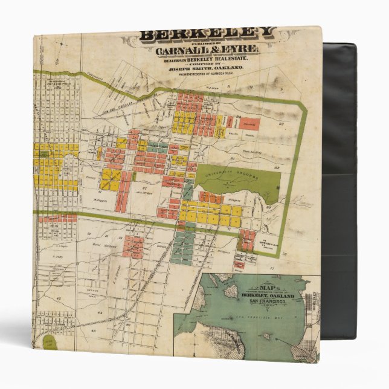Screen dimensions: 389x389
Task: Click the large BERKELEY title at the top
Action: (x=208, y=33)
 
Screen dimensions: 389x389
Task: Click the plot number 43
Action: (x=94, y=331)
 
